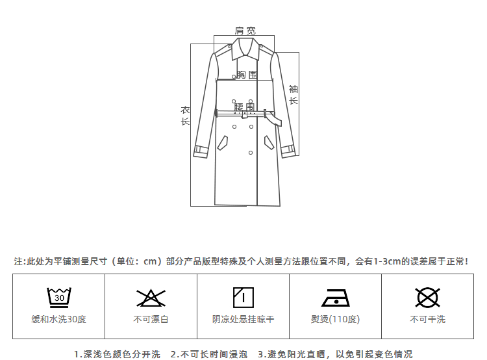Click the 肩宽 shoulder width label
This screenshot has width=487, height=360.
click(x=245, y=31)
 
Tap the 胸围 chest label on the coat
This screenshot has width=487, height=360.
click(x=247, y=75)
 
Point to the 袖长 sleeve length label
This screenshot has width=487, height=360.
click(x=293, y=94)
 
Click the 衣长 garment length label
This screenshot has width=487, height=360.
click(x=185, y=116)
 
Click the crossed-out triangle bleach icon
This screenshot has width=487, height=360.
click(x=151, y=298)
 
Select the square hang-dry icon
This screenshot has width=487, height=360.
click(x=243, y=298)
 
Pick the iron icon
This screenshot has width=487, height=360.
click(x=335, y=298)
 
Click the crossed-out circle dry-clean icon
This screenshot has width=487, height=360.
click(x=427, y=298)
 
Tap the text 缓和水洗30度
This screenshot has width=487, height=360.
click(x=59, y=319)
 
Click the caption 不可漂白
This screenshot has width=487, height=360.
click(x=151, y=319)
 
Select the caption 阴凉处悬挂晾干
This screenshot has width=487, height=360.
click(x=243, y=319)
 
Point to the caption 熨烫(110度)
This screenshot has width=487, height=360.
click(x=335, y=319)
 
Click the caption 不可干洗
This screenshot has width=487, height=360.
click(x=427, y=319)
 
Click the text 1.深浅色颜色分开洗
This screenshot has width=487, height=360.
click(x=117, y=354)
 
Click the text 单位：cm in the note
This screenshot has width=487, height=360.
click(x=136, y=262)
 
